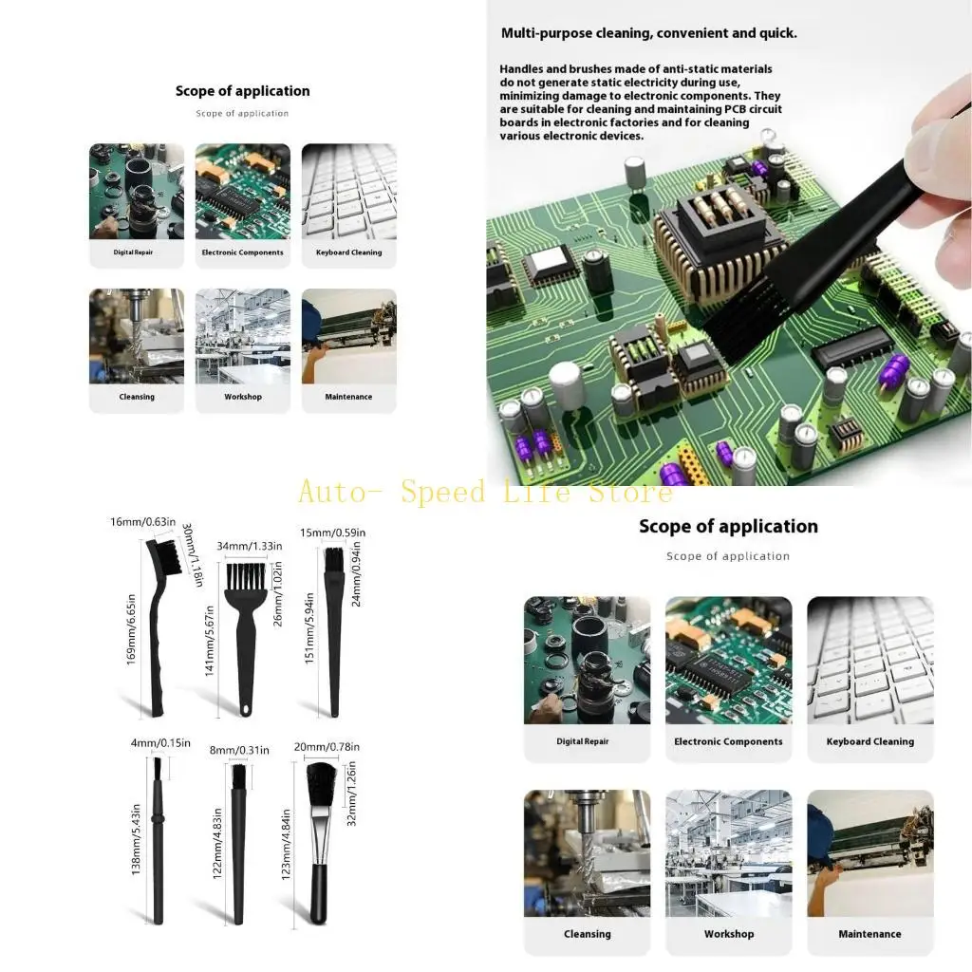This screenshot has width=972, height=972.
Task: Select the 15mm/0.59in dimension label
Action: [332, 533]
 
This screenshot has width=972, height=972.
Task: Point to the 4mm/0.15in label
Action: [160, 742]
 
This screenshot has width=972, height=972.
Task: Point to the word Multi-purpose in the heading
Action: [544, 33]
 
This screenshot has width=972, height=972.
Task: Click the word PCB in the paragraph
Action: [737, 109]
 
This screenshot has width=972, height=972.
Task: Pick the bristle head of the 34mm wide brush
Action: [245, 580]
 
